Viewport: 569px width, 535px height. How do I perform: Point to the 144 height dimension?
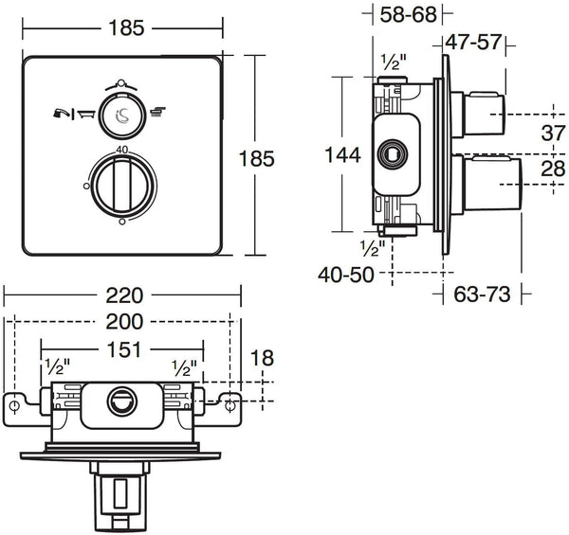coord(340,155)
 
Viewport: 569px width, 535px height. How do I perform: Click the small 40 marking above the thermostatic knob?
coord(121,150)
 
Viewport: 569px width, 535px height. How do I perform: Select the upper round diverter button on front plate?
coord(121,115)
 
